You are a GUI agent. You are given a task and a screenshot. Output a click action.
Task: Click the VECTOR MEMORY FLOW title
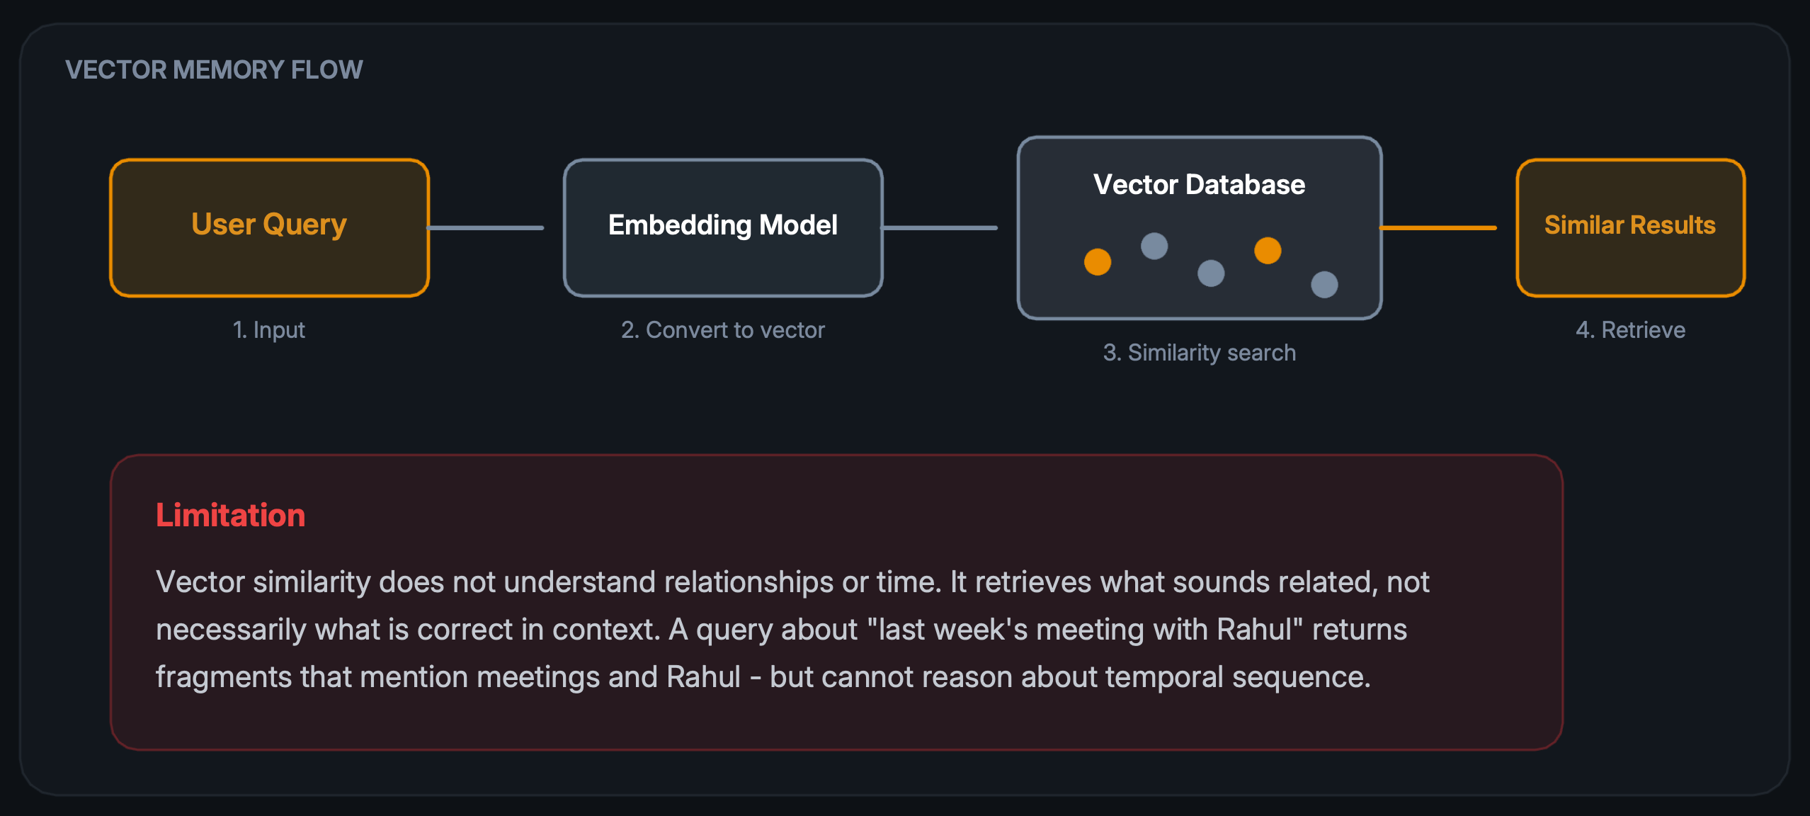point(214,70)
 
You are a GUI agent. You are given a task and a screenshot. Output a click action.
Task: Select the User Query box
point(269,227)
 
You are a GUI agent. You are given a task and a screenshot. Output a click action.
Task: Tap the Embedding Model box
point(722,227)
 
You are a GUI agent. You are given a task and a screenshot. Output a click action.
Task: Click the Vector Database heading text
point(1199,184)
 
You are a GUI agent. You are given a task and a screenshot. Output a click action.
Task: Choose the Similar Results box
point(1629,227)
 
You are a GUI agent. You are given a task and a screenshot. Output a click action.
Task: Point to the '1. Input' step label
point(269,330)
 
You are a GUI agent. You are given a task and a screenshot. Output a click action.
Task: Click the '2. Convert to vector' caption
point(722,330)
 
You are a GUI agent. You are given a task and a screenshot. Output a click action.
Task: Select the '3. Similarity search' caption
point(1199,353)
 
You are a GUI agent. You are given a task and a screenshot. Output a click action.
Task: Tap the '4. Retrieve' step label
point(1629,330)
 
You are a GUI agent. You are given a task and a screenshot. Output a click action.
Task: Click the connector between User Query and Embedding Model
point(486,228)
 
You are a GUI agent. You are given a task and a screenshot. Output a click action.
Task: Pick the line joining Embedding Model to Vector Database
point(940,228)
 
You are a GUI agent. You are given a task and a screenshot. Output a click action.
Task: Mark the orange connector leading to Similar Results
point(1438,228)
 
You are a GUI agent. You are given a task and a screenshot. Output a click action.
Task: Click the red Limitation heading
point(230,515)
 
